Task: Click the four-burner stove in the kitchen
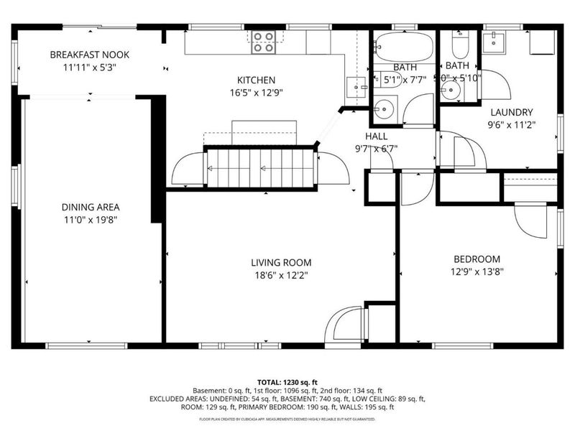pos(263,42)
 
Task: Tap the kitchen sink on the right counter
pos(356,86)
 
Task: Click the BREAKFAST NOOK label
pos(84,55)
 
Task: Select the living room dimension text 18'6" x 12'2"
pos(281,275)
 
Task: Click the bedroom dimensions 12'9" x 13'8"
pos(477,272)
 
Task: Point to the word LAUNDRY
pos(511,112)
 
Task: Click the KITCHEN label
pos(257,80)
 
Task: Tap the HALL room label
pos(376,136)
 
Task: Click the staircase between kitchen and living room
pos(260,168)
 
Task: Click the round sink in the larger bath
pos(385,109)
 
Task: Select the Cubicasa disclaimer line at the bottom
pos(287,417)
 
